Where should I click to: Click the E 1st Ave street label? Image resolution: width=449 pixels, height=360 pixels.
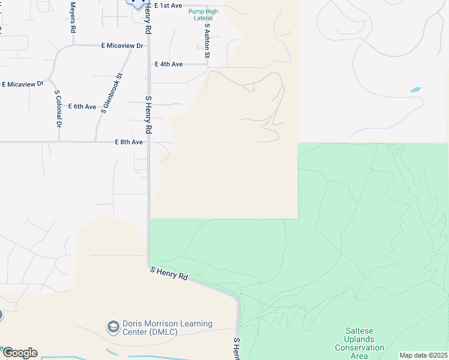pos(167,5)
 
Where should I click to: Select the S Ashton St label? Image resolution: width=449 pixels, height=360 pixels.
pos(207,41)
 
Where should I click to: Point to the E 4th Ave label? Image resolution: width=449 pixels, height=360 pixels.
pos(168,64)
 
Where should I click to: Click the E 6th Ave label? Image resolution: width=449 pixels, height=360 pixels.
pos(82,107)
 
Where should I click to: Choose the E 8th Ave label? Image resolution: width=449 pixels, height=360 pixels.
pos(128,142)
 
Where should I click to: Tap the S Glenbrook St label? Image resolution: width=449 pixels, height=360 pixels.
pos(112,94)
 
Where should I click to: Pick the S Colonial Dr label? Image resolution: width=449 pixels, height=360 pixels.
pos(58,109)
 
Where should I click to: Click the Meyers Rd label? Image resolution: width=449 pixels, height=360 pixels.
pos(73,17)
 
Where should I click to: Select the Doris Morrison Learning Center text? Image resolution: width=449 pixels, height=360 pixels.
pos(167,328)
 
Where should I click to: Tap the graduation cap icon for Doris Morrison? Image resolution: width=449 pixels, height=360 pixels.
pos(112,328)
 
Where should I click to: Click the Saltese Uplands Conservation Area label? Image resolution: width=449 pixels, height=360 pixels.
pos(359,343)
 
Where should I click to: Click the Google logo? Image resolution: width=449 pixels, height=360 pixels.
pos(19,353)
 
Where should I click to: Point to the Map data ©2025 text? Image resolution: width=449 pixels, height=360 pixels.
pos(423,355)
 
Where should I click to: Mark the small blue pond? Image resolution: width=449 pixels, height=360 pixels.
pos(415,90)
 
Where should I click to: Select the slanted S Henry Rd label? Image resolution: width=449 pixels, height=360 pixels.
pos(169,274)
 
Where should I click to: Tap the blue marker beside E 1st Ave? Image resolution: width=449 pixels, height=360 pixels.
pos(138,3)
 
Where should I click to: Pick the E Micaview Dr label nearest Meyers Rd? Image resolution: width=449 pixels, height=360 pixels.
pos(122,46)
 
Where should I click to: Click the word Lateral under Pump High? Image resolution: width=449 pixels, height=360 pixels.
pos(203,18)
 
